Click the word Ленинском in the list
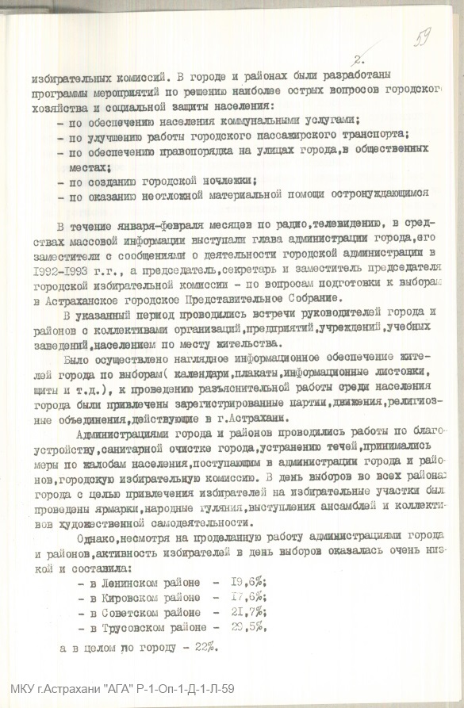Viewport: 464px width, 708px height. click(132, 582)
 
